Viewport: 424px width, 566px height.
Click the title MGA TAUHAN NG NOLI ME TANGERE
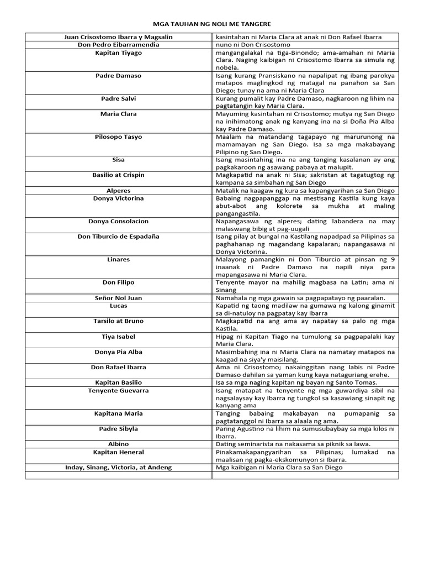211,24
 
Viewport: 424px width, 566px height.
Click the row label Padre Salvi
118,98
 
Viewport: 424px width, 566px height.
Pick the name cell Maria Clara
118,114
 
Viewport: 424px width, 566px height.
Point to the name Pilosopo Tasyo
118,137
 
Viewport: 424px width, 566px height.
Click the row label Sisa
118,160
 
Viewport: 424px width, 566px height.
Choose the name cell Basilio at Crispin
118,175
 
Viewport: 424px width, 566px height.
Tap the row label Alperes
118,190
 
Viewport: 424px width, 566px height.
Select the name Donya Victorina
118,198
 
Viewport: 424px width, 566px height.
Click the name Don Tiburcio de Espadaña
118,236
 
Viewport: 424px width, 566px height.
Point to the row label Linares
118,259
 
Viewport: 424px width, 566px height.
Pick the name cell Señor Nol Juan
118,297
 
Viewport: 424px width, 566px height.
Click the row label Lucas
118,305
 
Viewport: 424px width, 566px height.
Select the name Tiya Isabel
118,336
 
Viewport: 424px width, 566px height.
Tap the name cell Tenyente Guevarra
118,390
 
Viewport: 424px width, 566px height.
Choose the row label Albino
118,444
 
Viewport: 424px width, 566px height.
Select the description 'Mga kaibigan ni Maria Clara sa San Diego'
279,467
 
